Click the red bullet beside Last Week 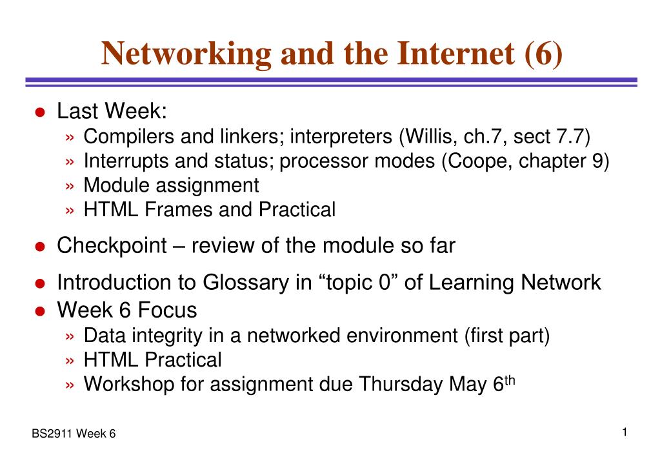(x=41, y=112)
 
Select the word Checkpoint (x=112, y=246)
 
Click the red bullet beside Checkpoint (x=41, y=247)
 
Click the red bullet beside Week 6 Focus (x=41, y=311)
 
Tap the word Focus (x=168, y=310)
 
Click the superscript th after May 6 (x=510, y=381)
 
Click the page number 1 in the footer (x=625, y=432)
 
